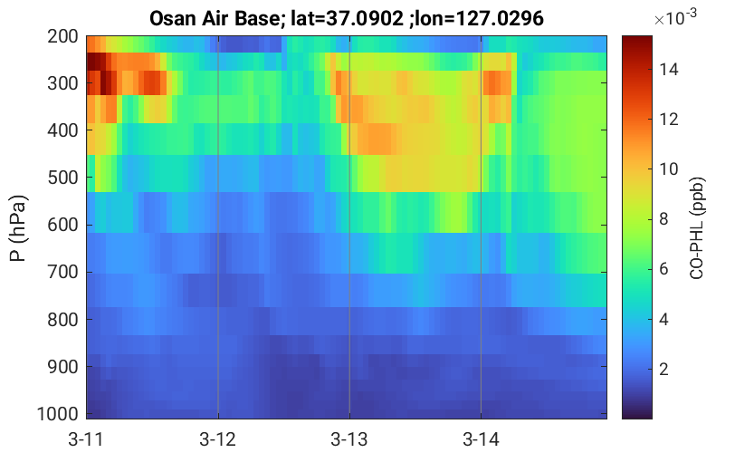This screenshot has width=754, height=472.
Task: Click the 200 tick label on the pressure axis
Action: point(62,36)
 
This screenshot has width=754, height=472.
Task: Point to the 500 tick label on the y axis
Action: point(62,178)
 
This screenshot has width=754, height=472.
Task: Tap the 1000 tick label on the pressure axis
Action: point(58,414)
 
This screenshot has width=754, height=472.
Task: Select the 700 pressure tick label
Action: point(62,272)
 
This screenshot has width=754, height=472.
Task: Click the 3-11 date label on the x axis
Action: point(86,439)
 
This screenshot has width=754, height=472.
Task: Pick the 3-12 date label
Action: point(218,439)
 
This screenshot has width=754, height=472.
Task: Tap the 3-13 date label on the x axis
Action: point(349,439)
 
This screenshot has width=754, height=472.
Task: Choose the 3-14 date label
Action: point(481,439)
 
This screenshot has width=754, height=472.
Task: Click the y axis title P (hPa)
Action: point(18,228)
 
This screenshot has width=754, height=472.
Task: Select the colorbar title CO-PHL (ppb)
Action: point(696,228)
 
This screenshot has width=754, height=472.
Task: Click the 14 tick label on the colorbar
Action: point(669,70)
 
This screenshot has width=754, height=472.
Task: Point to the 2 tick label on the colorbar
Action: point(664,369)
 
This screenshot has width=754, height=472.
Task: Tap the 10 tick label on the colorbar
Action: point(669,169)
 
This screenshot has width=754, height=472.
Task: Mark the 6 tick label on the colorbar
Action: point(664,269)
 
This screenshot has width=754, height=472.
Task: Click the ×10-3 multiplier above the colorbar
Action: point(675,17)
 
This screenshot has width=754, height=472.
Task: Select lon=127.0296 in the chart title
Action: point(480,19)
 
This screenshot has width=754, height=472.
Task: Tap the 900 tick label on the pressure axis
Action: point(62,367)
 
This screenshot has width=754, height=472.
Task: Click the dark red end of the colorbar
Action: point(637,41)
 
